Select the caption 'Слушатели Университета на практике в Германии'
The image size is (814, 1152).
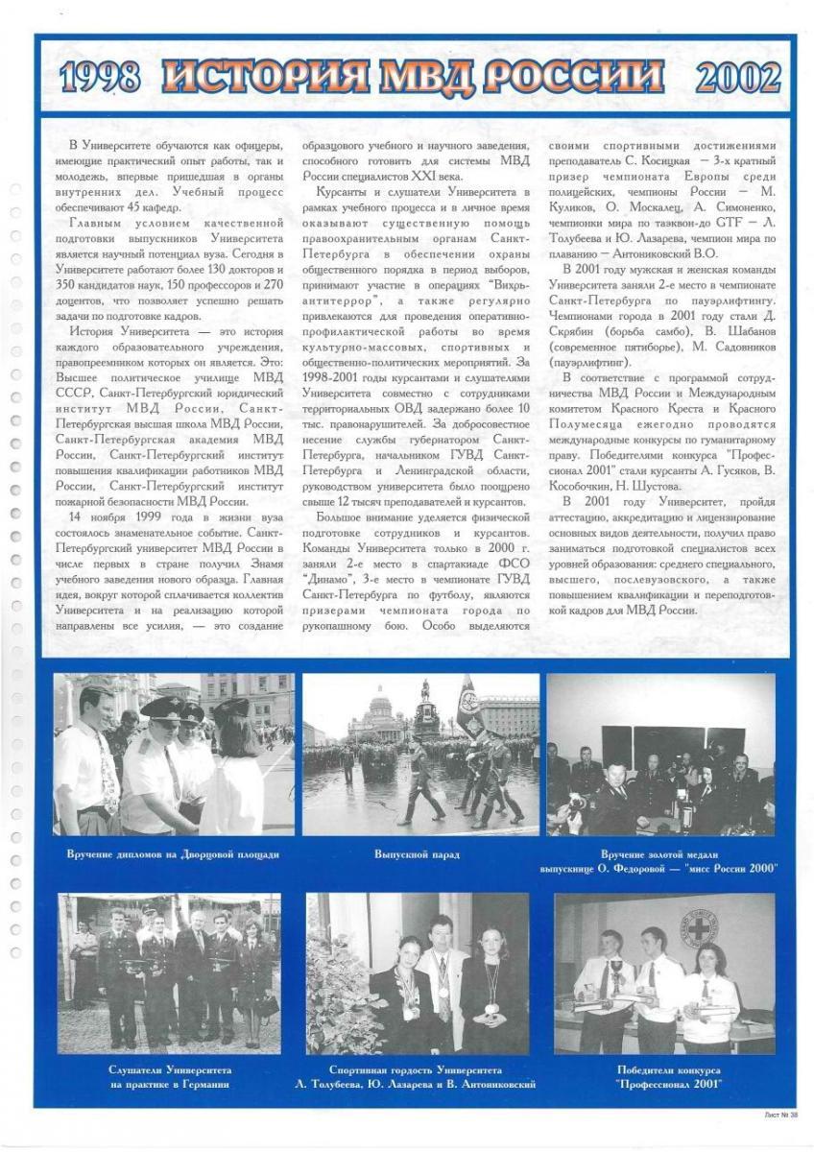coord(169,1076)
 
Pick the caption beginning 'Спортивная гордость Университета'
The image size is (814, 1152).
coord(417,1076)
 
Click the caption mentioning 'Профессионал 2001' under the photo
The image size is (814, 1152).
coord(668,1076)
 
